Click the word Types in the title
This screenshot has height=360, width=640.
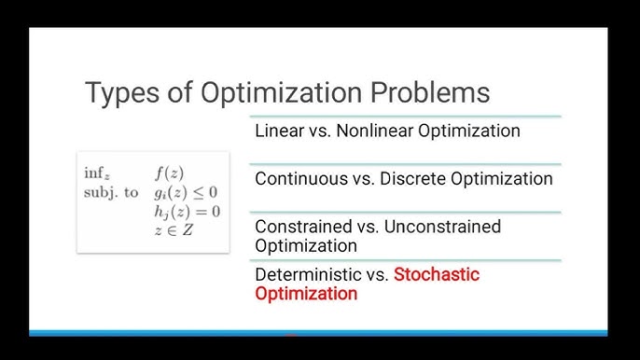[119, 93]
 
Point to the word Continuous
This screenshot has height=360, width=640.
[298, 178]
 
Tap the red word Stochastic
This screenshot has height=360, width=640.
[437, 274]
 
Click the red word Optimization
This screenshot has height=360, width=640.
[306, 293]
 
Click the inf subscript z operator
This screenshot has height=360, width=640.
[97, 173]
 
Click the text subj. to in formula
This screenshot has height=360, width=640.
[110, 192]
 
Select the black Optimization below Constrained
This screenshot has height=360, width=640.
[306, 245]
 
